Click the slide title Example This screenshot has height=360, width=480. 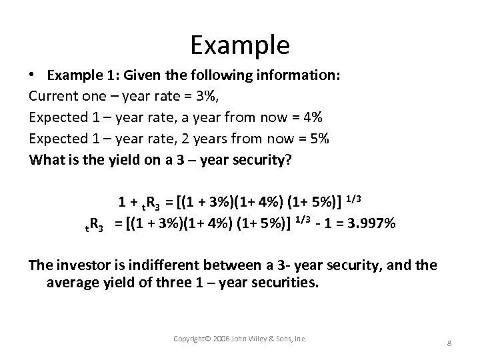point(240,45)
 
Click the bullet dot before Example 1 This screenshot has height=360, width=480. point(33,75)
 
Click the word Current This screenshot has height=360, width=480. point(52,97)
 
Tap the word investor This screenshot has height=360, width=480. point(79,265)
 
